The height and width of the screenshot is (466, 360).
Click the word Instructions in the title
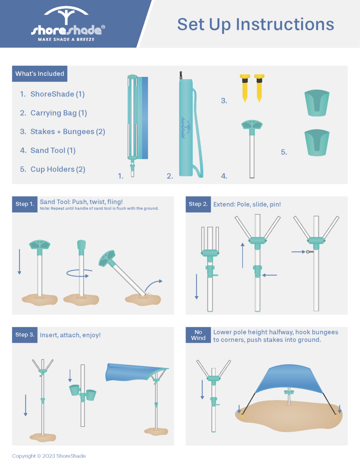(x=285, y=25)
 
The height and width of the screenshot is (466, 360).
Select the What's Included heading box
(x=40, y=74)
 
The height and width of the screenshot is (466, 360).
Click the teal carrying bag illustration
(x=186, y=127)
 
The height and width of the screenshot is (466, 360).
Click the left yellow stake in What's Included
(x=245, y=88)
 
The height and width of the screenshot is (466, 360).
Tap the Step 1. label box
(x=25, y=204)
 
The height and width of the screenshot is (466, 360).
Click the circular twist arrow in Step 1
(x=78, y=274)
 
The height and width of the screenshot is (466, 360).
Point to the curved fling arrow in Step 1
(x=153, y=284)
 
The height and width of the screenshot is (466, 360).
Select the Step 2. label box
(x=198, y=204)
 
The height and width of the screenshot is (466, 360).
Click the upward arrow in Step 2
(x=242, y=255)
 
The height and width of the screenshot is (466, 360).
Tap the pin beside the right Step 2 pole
(x=310, y=252)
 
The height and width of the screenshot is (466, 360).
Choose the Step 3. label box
(x=25, y=335)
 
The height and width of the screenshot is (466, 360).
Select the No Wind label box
(x=198, y=335)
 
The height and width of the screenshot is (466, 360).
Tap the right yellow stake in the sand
(x=336, y=416)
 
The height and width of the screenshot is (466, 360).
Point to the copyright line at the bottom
(x=49, y=456)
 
